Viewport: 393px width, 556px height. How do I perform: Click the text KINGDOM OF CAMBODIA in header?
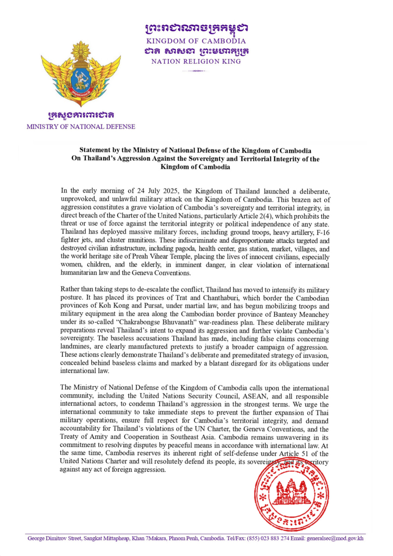tap(196, 41)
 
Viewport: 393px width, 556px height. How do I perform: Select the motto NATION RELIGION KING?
tap(196, 61)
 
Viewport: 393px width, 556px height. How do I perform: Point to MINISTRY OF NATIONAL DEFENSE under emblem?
tap(81, 127)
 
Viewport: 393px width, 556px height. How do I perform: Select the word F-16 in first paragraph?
tap(323, 233)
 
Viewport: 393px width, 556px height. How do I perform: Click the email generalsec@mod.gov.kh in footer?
tap(335, 538)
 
